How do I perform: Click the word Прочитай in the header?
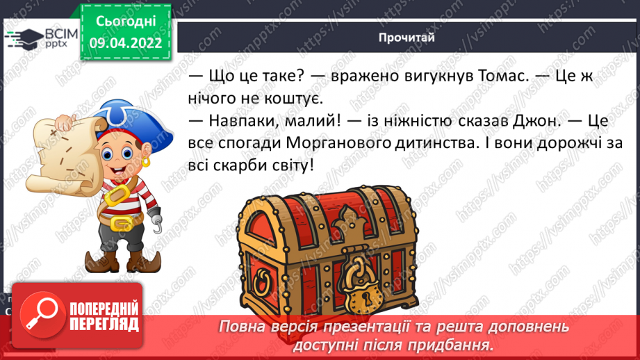click(x=407, y=38)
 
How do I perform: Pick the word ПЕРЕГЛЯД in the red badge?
click(x=105, y=324)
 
